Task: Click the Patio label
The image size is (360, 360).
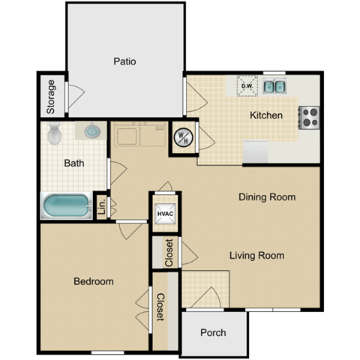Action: [x=125, y=61]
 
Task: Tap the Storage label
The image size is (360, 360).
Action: [x=52, y=97]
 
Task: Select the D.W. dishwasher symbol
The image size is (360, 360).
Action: [x=247, y=86]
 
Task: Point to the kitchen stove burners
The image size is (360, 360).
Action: [x=310, y=117]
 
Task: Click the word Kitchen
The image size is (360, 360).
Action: [x=266, y=115]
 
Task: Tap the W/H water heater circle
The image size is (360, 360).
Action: [x=183, y=136]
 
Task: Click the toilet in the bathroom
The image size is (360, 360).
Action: [x=55, y=135]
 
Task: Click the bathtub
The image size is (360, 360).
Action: [x=64, y=205]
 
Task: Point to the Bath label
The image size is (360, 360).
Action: [x=73, y=163]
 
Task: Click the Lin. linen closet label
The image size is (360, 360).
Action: [x=100, y=207]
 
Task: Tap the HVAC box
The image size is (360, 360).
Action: [x=166, y=214]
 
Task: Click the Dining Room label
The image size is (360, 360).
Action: [x=266, y=197]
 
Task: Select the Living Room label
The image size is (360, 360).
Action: [x=256, y=256]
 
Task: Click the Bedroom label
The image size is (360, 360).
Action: [x=94, y=281]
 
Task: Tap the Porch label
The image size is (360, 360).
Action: [x=214, y=333]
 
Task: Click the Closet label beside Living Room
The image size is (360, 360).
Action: [x=169, y=253]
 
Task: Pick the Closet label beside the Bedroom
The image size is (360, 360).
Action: [x=160, y=307]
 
